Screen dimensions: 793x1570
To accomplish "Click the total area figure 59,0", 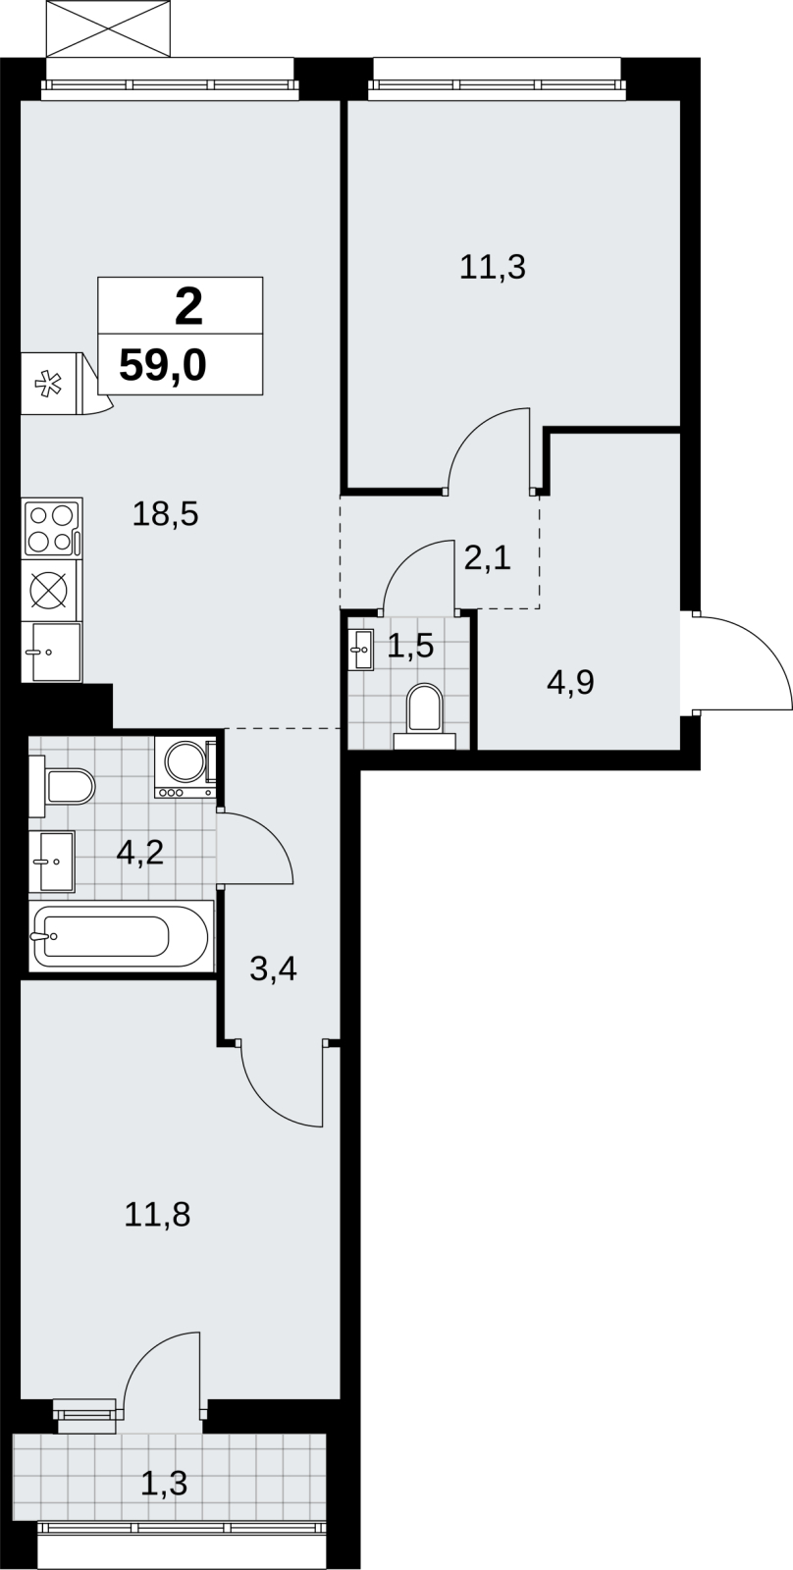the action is [x=163, y=365].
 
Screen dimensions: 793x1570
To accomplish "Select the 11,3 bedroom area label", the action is [x=493, y=268].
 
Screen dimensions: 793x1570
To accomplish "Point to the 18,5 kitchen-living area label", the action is [x=166, y=514].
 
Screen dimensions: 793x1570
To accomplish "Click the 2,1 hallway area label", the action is [x=488, y=558].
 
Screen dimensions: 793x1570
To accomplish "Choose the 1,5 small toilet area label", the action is [x=410, y=646].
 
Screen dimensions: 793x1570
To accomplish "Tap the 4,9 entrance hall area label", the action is [x=571, y=682].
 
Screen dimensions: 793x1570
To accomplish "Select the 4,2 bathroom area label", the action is [x=140, y=853].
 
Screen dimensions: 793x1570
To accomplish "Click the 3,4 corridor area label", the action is [x=274, y=969].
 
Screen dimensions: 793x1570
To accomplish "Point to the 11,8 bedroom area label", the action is [x=157, y=1215].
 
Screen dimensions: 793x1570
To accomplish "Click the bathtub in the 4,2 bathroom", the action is [x=122, y=936].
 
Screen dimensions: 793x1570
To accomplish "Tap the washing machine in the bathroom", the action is [x=185, y=767].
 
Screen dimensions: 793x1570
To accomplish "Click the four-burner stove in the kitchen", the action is [x=52, y=528].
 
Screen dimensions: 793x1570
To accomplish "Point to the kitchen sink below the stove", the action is [x=52, y=652].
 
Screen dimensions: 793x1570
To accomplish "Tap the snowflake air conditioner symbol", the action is [x=48, y=384].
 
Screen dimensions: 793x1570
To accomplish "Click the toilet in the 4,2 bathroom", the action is [x=62, y=786].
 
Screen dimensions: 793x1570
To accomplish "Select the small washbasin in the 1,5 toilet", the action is [x=360, y=650].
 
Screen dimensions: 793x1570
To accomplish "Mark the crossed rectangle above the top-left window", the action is [x=109, y=28].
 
